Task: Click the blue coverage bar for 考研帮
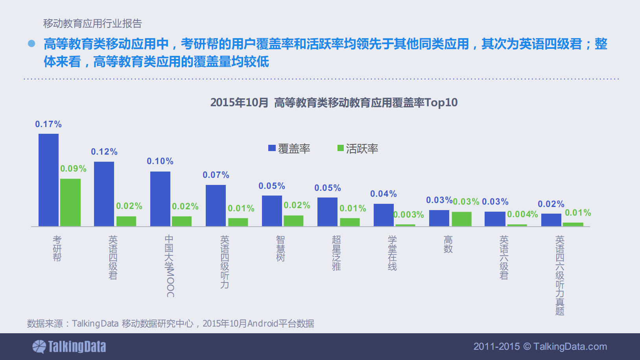48,180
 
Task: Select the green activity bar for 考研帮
70,202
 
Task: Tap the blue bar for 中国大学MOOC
160,199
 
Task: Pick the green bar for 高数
461,219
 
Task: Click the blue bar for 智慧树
272,210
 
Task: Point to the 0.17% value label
48,124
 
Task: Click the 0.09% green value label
73,169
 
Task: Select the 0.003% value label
409,215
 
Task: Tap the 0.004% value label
522,214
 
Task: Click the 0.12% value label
104,152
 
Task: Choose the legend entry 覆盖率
289,149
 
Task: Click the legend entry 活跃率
358,149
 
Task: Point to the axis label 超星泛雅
336,253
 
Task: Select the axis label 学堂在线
392,253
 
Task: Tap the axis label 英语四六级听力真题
560,275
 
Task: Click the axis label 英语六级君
504,257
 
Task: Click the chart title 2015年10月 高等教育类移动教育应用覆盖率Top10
334,103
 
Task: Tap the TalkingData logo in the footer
69,347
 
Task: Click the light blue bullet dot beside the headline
31,44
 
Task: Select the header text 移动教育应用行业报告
92,24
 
